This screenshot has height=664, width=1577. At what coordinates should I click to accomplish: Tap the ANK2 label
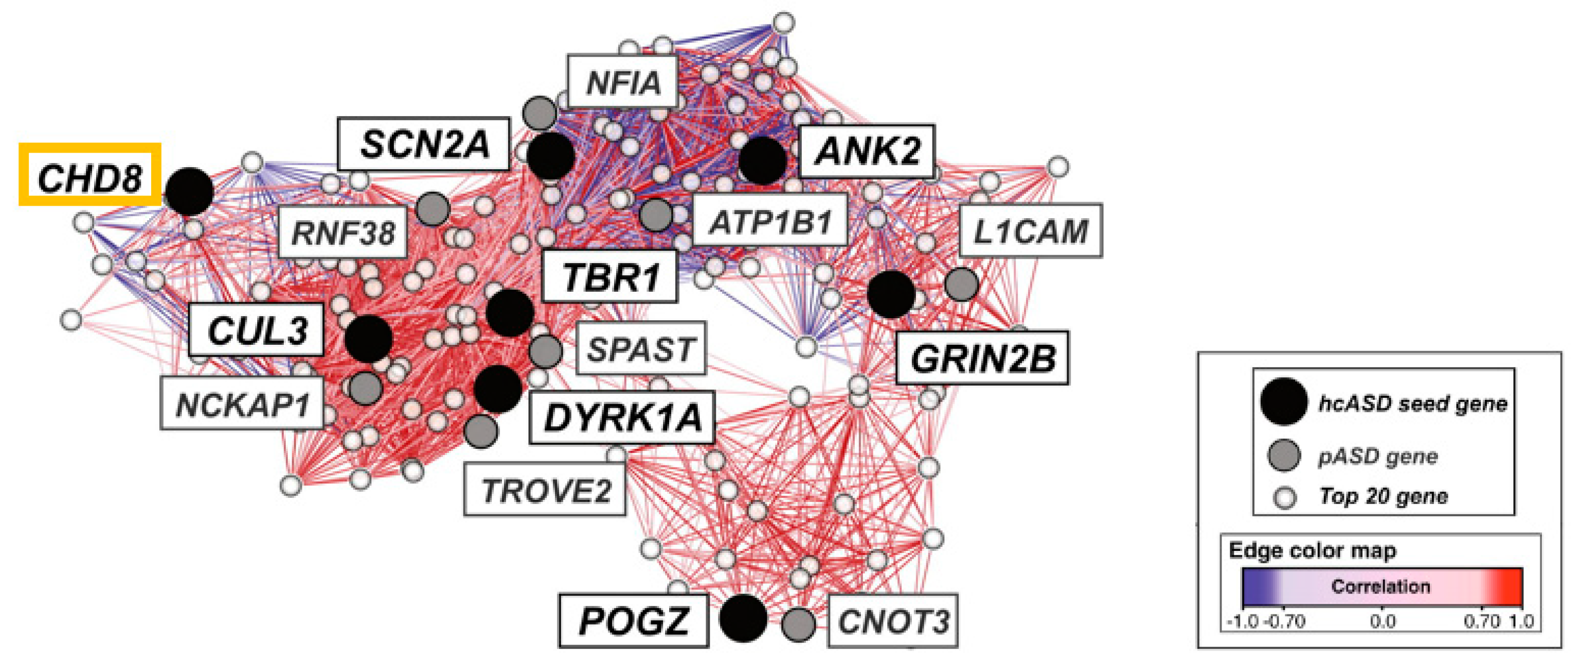point(867,151)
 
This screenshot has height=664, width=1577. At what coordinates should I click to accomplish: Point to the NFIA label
point(623,82)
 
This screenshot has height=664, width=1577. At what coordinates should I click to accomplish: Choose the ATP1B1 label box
point(770,220)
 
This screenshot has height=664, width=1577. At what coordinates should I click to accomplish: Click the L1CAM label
point(1030,231)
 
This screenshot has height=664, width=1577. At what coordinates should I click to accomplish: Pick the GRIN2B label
point(982,358)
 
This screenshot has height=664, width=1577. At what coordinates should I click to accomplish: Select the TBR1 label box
point(610,276)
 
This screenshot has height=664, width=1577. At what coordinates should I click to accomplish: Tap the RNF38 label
point(342,233)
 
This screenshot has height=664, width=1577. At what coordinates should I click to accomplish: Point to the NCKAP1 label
point(242,403)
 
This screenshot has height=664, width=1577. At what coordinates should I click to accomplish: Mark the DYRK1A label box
point(622,417)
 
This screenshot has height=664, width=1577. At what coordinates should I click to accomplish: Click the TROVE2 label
point(545,489)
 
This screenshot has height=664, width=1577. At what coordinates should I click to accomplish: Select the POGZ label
point(634,620)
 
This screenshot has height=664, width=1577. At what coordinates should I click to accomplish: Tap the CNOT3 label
point(892,620)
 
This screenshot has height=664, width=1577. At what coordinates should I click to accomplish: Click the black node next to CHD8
point(190,192)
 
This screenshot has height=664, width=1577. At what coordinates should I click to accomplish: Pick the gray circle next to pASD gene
point(1284,455)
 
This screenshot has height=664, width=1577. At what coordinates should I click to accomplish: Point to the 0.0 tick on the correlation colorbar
point(1383,621)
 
